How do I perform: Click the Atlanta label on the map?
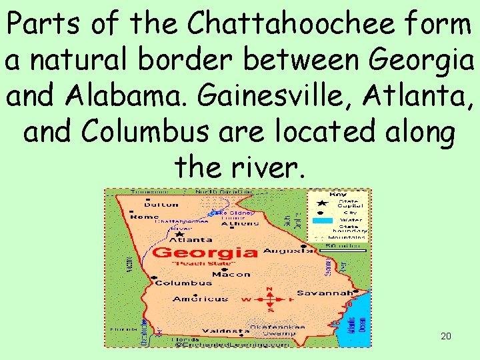pos(192,239)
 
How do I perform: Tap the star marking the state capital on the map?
pos(180,234)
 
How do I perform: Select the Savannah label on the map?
pos(325,293)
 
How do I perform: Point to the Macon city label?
pos(231,274)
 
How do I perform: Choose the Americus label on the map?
pos(200,299)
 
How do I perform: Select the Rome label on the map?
pos(144,217)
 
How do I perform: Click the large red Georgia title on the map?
pos(205,253)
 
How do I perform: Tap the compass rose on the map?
pos(269,299)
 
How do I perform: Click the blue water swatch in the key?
pos(323,221)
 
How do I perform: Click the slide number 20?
pos(446,336)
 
